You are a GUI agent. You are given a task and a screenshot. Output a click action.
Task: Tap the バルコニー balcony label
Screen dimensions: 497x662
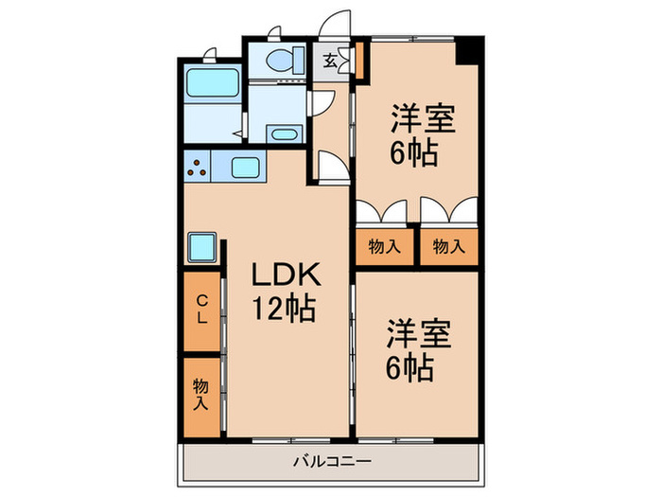(331, 462)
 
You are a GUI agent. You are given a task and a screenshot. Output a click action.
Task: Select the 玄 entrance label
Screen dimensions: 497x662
(331, 62)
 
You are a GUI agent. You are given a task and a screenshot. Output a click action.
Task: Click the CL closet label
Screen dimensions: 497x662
(201, 310)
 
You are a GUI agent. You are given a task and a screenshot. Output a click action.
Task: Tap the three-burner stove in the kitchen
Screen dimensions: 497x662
(198, 169)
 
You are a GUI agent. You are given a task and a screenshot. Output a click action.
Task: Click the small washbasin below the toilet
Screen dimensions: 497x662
(282, 133)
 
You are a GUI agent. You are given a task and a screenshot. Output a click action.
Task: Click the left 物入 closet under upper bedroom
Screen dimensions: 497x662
(384, 247)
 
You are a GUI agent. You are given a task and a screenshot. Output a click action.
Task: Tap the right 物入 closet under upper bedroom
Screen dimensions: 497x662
(447, 247)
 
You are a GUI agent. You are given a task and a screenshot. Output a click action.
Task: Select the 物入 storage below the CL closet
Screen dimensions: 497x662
(200, 394)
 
